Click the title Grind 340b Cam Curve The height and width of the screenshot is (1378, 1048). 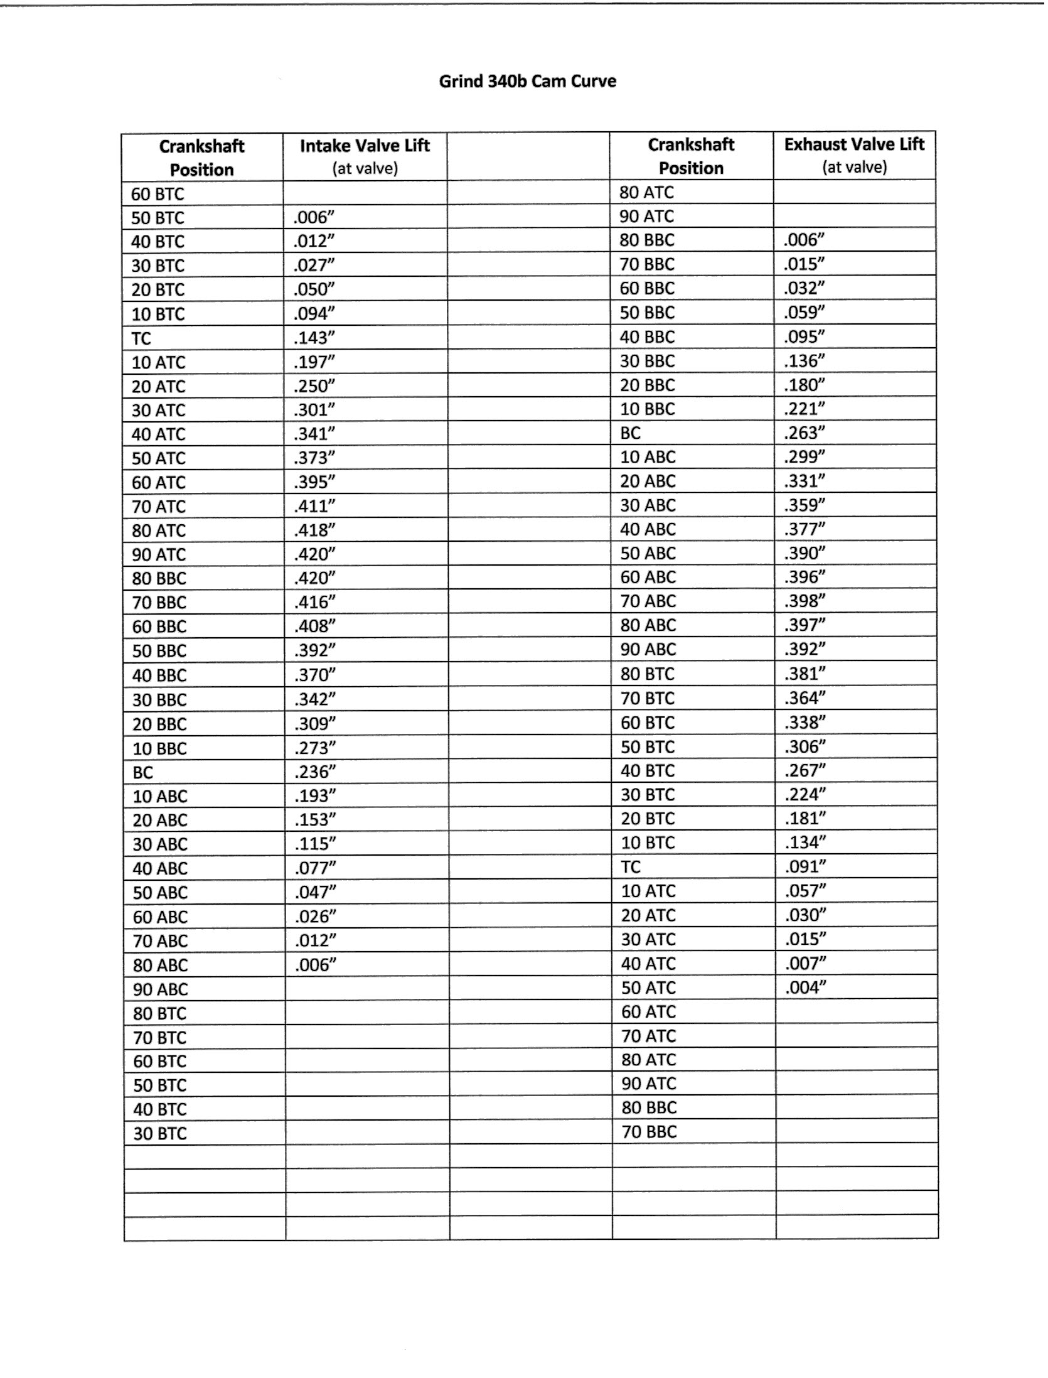pos(527,82)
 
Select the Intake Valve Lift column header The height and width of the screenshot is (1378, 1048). pos(365,146)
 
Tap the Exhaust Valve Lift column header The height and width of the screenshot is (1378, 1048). pos(854,145)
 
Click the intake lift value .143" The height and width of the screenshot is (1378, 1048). pos(314,338)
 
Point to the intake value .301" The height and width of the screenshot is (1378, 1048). pos(314,410)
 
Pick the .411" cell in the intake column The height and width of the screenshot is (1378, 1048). pos(314,506)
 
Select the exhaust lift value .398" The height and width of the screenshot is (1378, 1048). pos(805,601)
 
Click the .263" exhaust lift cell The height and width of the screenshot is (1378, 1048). pos(804,433)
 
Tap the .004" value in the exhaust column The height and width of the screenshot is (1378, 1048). pos(805,988)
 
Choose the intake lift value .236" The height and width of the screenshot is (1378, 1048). pos(315,772)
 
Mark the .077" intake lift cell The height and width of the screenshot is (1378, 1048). pos(315,868)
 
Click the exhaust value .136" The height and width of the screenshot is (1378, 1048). pos(804,361)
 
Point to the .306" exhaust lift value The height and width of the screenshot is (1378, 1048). pos(805,746)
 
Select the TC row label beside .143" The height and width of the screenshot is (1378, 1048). pos(141,339)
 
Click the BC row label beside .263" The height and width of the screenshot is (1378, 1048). pos(631,433)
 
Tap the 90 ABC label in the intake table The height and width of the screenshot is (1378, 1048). pos(160,989)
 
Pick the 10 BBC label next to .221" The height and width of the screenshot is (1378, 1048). pos(648,409)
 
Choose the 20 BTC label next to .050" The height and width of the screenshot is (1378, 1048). pos(158,290)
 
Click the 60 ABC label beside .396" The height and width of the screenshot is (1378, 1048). pos(648,578)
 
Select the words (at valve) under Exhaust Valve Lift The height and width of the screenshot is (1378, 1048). pos(854,167)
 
